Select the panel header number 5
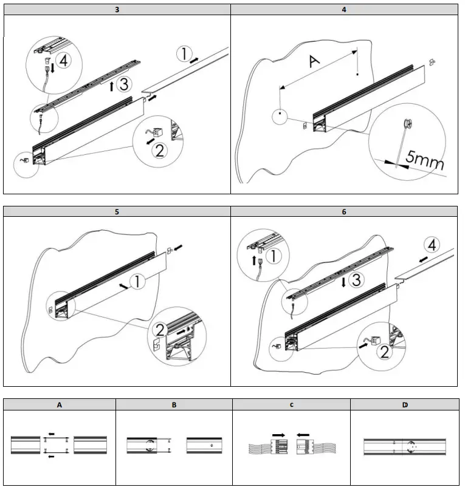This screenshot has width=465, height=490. [x=117, y=212]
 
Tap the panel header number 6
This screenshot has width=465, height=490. [x=344, y=212]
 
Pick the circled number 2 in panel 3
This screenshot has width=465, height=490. [x=160, y=149]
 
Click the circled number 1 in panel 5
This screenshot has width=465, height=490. [x=137, y=282]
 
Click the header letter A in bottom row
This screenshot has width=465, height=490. [x=60, y=404]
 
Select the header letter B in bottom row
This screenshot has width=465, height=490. [x=174, y=404]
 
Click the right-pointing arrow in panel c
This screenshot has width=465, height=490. [x=280, y=435]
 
